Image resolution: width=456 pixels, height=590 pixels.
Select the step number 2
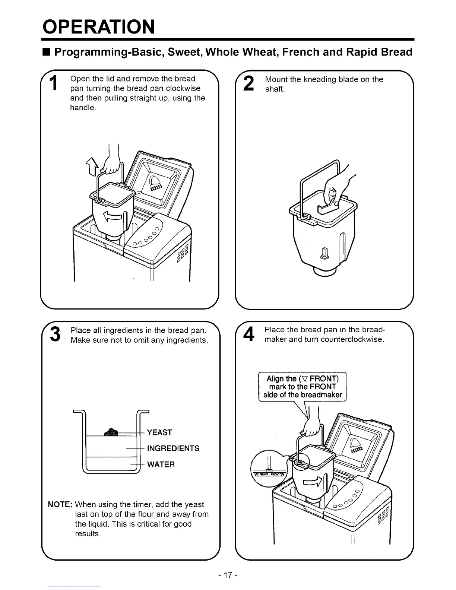[248, 83]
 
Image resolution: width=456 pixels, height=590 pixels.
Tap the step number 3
[55, 334]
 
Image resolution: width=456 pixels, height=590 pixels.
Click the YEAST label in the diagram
[159, 432]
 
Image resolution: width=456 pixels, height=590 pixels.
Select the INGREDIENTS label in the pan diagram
[173, 448]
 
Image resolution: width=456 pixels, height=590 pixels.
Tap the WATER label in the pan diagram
[161, 464]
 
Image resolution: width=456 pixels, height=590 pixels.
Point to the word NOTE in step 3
[60, 505]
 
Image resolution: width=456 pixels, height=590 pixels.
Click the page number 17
[228, 575]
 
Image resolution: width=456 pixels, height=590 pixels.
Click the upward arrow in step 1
[91, 166]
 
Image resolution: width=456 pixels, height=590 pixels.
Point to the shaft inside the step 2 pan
[325, 253]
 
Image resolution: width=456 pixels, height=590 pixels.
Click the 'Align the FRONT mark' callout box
[303, 387]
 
